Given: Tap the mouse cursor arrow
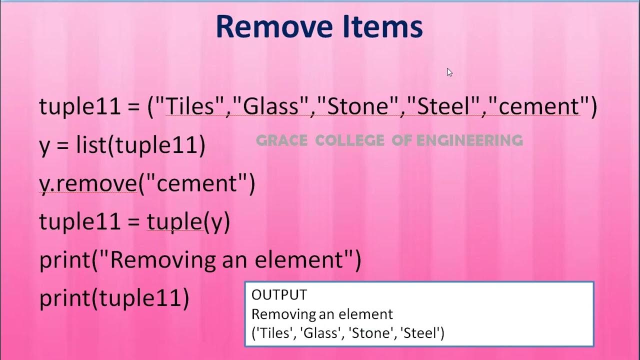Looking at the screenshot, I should (x=449, y=72).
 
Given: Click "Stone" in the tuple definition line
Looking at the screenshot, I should (x=358, y=107).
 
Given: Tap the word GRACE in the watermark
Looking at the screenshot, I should (x=281, y=140).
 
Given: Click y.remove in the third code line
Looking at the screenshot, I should (x=88, y=184).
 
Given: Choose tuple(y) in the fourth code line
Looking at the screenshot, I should (x=188, y=222).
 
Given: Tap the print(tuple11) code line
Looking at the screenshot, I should (x=114, y=298).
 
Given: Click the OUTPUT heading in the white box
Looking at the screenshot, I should (x=279, y=295).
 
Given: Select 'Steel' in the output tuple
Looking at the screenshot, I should (x=425, y=333).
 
